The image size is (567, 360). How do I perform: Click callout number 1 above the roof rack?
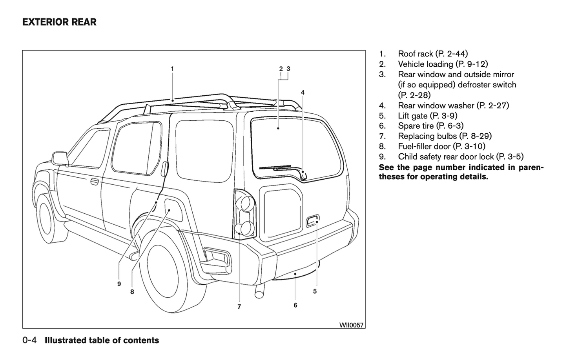(172, 69)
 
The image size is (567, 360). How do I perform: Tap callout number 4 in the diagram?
(303, 93)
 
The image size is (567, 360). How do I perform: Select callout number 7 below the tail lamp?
(239, 307)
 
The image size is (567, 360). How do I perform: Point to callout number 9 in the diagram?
(119, 284)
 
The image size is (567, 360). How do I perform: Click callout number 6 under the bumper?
(295, 305)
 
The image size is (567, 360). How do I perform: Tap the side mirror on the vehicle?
(60, 158)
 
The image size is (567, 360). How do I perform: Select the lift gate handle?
(312, 221)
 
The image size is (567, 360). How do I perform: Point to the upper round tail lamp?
(246, 204)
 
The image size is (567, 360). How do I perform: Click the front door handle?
(94, 182)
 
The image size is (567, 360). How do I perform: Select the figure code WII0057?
(351, 325)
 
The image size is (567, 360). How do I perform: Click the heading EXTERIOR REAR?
(59, 22)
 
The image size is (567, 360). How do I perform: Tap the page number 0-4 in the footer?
(30, 340)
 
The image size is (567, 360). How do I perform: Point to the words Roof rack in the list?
(416, 54)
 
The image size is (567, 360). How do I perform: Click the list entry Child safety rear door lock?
(446, 157)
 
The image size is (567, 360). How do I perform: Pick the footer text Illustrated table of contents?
(102, 340)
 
